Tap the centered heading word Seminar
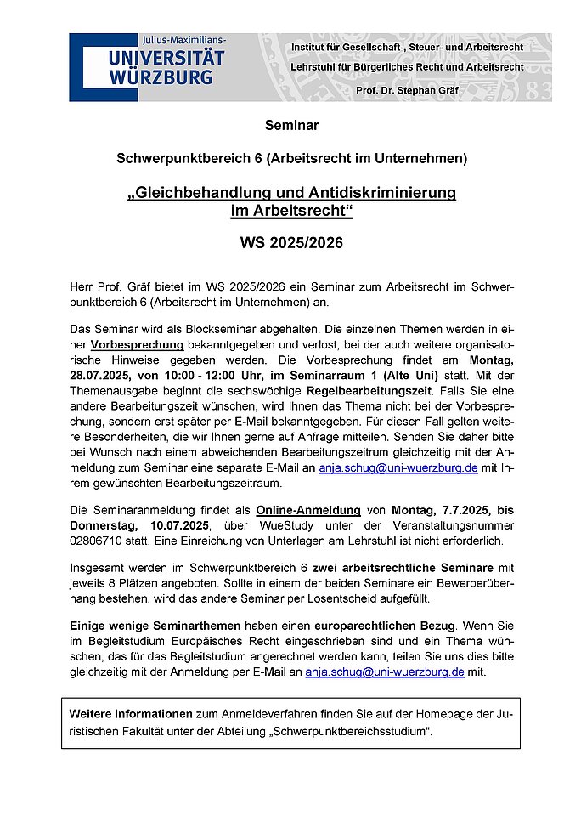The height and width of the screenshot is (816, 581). (291, 125)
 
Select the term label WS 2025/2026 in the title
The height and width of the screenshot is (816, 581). (291, 242)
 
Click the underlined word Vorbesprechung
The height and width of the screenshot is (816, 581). (137, 345)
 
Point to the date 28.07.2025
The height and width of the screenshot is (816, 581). (110, 377)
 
